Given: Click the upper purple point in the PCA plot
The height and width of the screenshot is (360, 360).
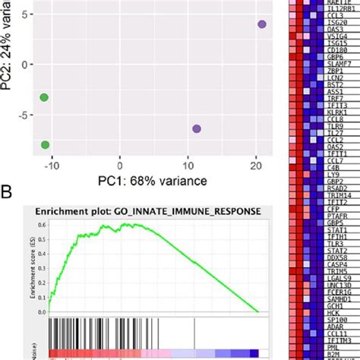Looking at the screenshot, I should (x=262, y=24).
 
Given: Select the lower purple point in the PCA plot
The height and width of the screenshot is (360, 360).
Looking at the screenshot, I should (x=197, y=128).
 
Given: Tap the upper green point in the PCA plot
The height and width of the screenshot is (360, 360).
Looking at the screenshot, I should (x=44, y=97).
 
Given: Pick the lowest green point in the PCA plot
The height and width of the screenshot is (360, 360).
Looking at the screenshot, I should (x=46, y=144).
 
